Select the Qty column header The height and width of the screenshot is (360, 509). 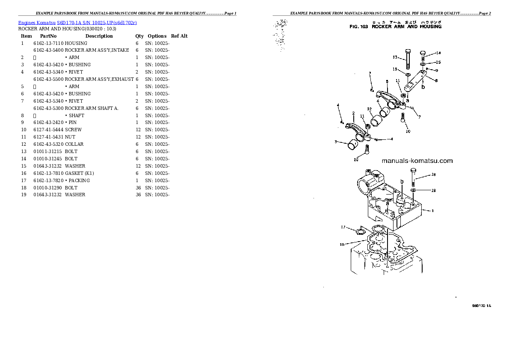coord(139,36)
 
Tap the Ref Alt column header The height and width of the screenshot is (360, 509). coord(179,36)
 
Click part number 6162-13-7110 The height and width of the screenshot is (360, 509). coord(48,44)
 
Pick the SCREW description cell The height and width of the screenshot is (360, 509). coord(73,130)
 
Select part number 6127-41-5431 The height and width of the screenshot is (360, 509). coord(48,137)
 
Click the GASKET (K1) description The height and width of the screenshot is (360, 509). coord(79,173)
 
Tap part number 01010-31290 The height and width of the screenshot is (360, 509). coord(48,188)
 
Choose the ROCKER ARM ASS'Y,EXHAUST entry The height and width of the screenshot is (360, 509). coord(99,80)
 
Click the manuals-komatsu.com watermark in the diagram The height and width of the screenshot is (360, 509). coord(417,161)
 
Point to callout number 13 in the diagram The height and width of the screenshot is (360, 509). coord(395,57)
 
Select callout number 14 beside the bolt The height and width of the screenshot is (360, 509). coord(438,53)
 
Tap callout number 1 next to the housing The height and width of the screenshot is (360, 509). coord(432,210)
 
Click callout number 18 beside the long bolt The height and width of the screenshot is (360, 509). coord(433,175)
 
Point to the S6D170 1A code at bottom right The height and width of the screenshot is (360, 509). coord(482,306)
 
